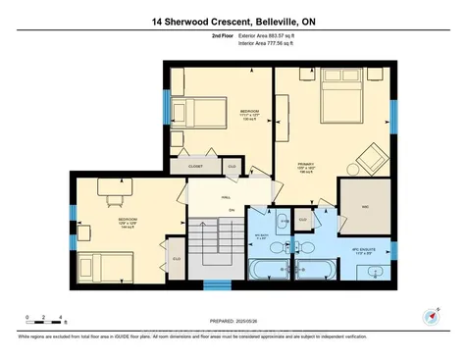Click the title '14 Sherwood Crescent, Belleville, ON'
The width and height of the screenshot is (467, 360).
[x=233, y=20]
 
